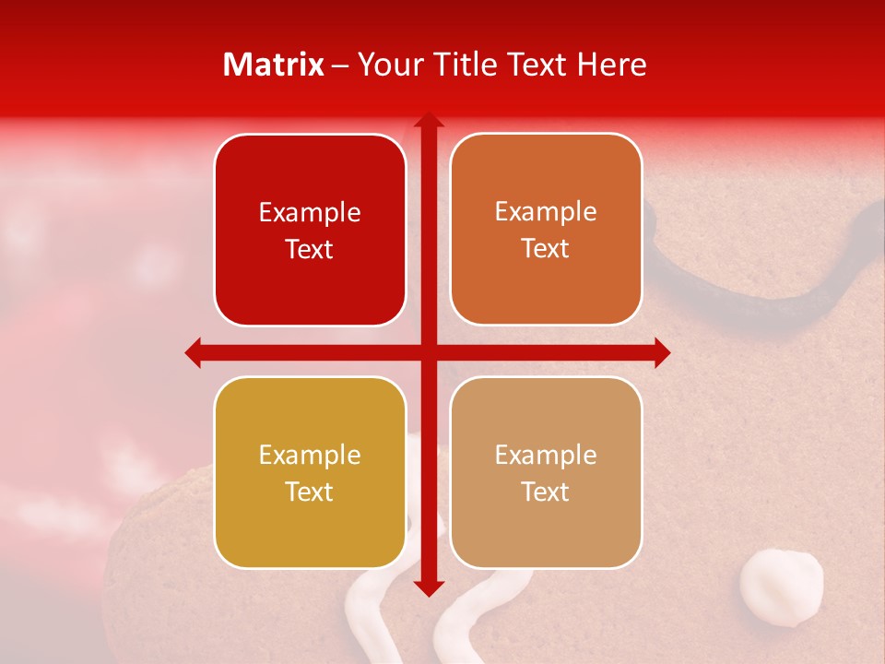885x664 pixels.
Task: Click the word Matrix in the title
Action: tap(274, 65)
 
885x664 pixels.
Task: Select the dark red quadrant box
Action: tap(310, 231)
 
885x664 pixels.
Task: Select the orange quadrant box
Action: tap(546, 230)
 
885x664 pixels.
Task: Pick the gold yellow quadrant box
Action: tap(310, 472)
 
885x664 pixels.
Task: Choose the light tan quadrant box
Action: tap(546, 472)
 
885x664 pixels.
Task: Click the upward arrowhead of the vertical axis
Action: tap(429, 120)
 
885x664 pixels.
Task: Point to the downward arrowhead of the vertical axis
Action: tap(429, 588)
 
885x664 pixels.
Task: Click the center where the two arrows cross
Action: tap(429, 352)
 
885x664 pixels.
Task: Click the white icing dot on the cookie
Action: tap(782, 587)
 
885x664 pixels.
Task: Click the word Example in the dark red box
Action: tap(310, 212)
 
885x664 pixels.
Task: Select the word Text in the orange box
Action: tap(546, 249)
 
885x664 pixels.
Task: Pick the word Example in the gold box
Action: tap(310, 455)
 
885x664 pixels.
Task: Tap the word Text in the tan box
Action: tap(546, 492)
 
